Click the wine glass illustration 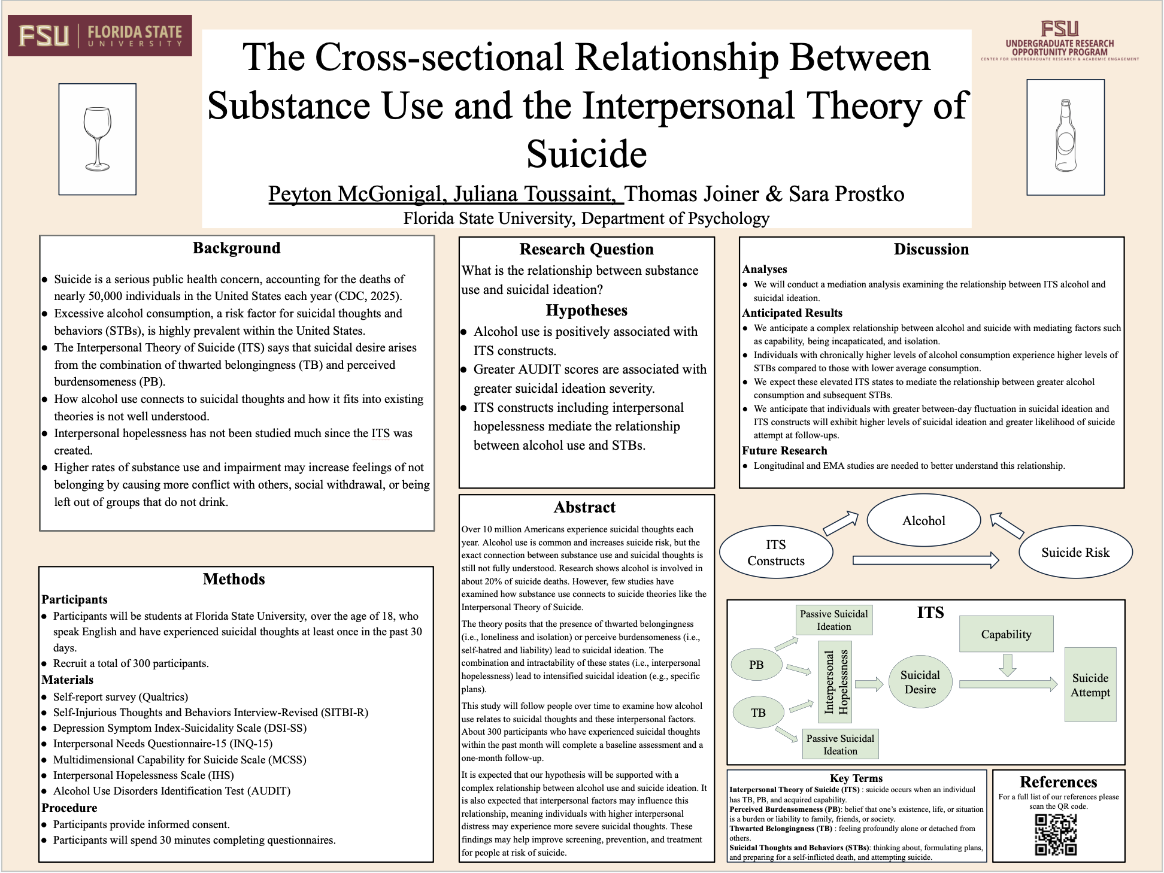coord(98,139)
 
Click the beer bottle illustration coord(1065,137)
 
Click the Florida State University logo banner coord(100,35)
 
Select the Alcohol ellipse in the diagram coord(923,521)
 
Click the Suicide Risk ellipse coord(1075,552)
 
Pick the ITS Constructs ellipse coord(775,552)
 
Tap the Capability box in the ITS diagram coord(1006,634)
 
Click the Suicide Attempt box coord(1090,685)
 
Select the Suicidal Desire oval coord(920,682)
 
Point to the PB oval coord(756,665)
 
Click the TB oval coord(758,713)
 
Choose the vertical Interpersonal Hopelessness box coord(835,682)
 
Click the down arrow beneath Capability coord(1008,665)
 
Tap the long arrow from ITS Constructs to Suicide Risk coord(925,560)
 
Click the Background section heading coord(237,248)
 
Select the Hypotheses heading coord(586,310)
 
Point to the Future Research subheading coord(784,450)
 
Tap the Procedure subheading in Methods coord(69,808)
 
